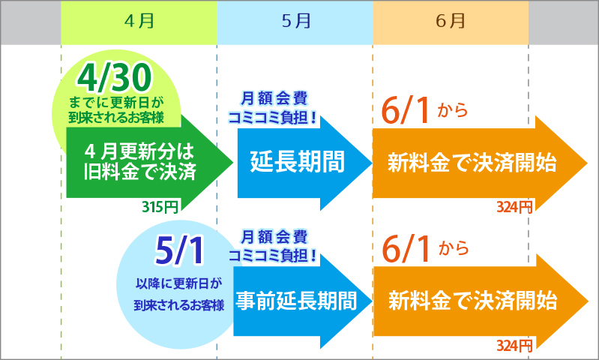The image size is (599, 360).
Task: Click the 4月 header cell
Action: (x=139, y=22)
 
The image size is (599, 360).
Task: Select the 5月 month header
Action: (x=295, y=22)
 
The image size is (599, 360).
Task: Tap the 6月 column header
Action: (x=451, y=22)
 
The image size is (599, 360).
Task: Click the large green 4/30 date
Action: (x=114, y=78)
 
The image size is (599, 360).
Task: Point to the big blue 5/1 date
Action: (x=179, y=251)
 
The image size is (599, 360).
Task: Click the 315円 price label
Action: (x=160, y=207)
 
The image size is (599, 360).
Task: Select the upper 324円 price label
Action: (x=514, y=207)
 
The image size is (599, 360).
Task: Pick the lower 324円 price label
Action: (x=514, y=346)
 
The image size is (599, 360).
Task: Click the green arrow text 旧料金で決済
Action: (x=140, y=172)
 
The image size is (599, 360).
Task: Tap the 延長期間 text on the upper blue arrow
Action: (x=298, y=162)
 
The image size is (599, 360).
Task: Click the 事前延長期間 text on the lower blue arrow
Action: (x=296, y=301)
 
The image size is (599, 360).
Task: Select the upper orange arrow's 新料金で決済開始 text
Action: (x=472, y=163)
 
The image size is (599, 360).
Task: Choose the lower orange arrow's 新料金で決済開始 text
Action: (x=473, y=301)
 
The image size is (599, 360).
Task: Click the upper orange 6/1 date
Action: (x=406, y=111)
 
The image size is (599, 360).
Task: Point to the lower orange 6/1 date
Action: (x=406, y=249)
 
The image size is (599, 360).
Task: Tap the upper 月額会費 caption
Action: (x=274, y=98)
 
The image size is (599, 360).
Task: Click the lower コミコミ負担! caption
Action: (x=273, y=255)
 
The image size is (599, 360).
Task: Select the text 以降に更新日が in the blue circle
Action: (x=178, y=283)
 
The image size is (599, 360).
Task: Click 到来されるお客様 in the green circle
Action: (x=116, y=117)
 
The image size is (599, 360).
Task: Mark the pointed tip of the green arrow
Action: (x=232, y=163)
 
